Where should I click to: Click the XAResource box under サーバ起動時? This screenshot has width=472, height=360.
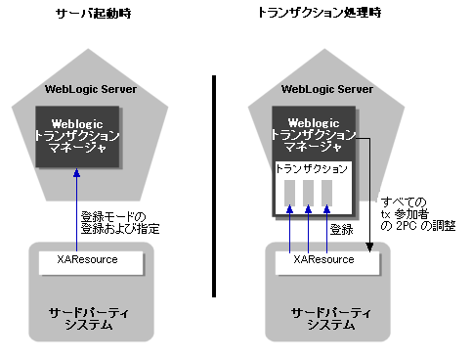click(x=93, y=261)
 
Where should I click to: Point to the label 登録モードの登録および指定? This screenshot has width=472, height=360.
click(x=120, y=222)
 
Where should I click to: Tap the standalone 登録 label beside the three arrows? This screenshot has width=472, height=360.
click(x=342, y=229)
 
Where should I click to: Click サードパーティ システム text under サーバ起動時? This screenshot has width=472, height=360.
click(x=93, y=317)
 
